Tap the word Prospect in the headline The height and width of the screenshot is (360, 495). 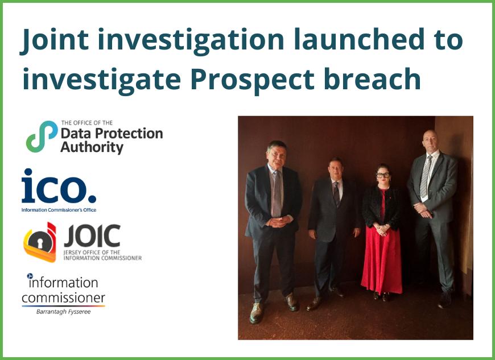pos(252,80)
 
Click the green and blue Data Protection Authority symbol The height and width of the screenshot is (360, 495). pos(42,136)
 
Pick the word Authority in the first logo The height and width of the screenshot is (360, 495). pos(92,148)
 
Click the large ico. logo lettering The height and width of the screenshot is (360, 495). pos(59,186)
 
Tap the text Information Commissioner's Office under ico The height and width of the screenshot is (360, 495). pos(59,210)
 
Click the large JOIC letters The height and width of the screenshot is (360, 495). pos(92,235)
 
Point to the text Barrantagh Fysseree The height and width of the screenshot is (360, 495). pos(64,312)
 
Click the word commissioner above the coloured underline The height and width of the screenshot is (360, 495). pos(63,297)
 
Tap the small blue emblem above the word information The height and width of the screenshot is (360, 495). pos(30,276)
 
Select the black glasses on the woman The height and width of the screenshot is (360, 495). pos(383,175)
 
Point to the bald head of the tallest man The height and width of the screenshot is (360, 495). pos(430,136)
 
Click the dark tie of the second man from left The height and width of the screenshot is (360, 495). pos(336,193)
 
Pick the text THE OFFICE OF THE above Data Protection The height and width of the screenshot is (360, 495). pos(87,123)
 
